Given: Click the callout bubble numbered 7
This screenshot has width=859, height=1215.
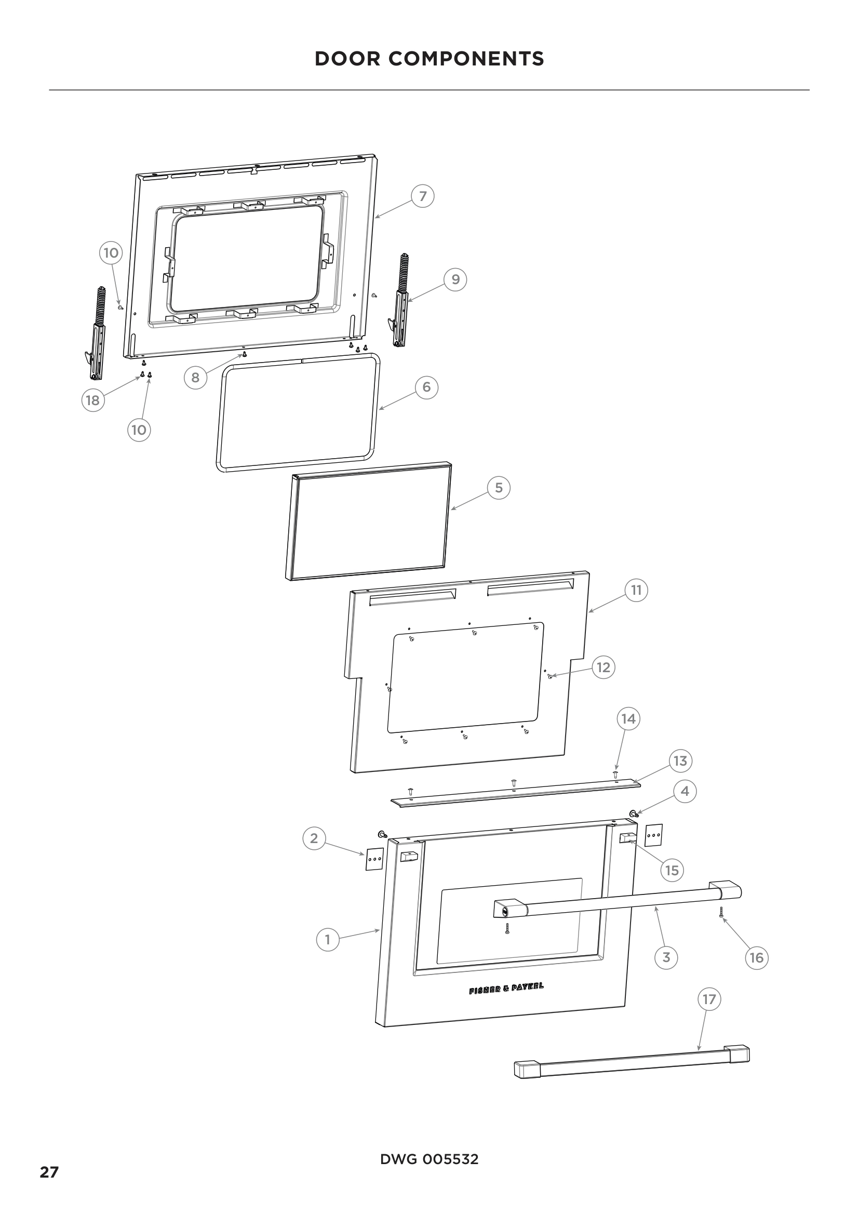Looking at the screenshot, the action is [x=423, y=196].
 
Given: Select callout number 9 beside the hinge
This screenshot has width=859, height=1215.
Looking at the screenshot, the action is [x=455, y=279].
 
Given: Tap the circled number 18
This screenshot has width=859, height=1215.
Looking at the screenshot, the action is [x=92, y=400].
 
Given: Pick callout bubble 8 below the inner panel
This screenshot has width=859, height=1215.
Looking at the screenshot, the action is [x=195, y=377].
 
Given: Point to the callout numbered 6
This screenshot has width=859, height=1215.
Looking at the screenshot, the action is [x=426, y=388].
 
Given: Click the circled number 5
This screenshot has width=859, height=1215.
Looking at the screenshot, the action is [x=498, y=487].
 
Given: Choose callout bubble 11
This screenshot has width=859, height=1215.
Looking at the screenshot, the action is [x=636, y=590].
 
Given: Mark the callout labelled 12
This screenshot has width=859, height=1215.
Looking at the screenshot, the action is [x=603, y=667].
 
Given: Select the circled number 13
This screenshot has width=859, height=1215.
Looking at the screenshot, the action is [x=680, y=761].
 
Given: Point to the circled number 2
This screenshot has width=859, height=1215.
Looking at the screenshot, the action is [x=314, y=838].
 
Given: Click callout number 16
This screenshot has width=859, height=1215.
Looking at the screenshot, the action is [x=756, y=957].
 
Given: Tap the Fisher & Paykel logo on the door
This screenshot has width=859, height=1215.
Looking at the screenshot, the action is [x=506, y=989].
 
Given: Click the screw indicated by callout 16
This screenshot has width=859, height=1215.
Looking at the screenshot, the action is [x=721, y=911].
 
